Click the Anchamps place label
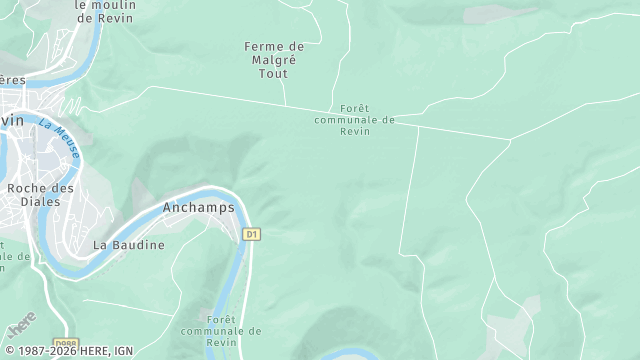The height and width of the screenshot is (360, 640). [x=198, y=208]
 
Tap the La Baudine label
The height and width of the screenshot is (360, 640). [x=128, y=244]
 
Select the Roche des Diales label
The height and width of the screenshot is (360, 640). [x=40, y=194]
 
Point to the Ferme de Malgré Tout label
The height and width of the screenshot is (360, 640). [x=274, y=60]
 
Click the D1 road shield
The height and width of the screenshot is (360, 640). [x=252, y=234]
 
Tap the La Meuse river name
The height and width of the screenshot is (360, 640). [x=59, y=135]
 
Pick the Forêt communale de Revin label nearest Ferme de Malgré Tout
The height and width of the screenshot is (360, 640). [x=354, y=119]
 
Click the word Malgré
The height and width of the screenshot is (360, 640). [x=274, y=60]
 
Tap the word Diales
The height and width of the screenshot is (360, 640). [x=40, y=201]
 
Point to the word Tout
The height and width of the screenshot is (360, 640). [x=274, y=73]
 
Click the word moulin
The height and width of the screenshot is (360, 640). [x=105, y=4]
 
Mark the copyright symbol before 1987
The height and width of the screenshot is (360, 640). [x=8, y=352]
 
